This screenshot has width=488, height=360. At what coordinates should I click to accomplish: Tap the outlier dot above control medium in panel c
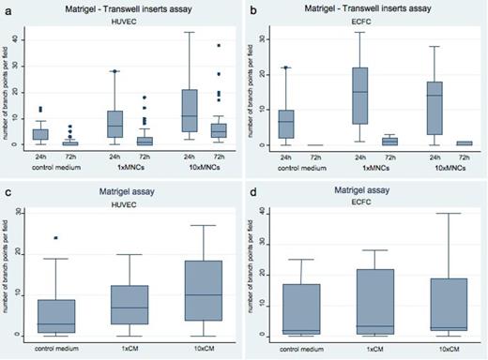57,238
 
